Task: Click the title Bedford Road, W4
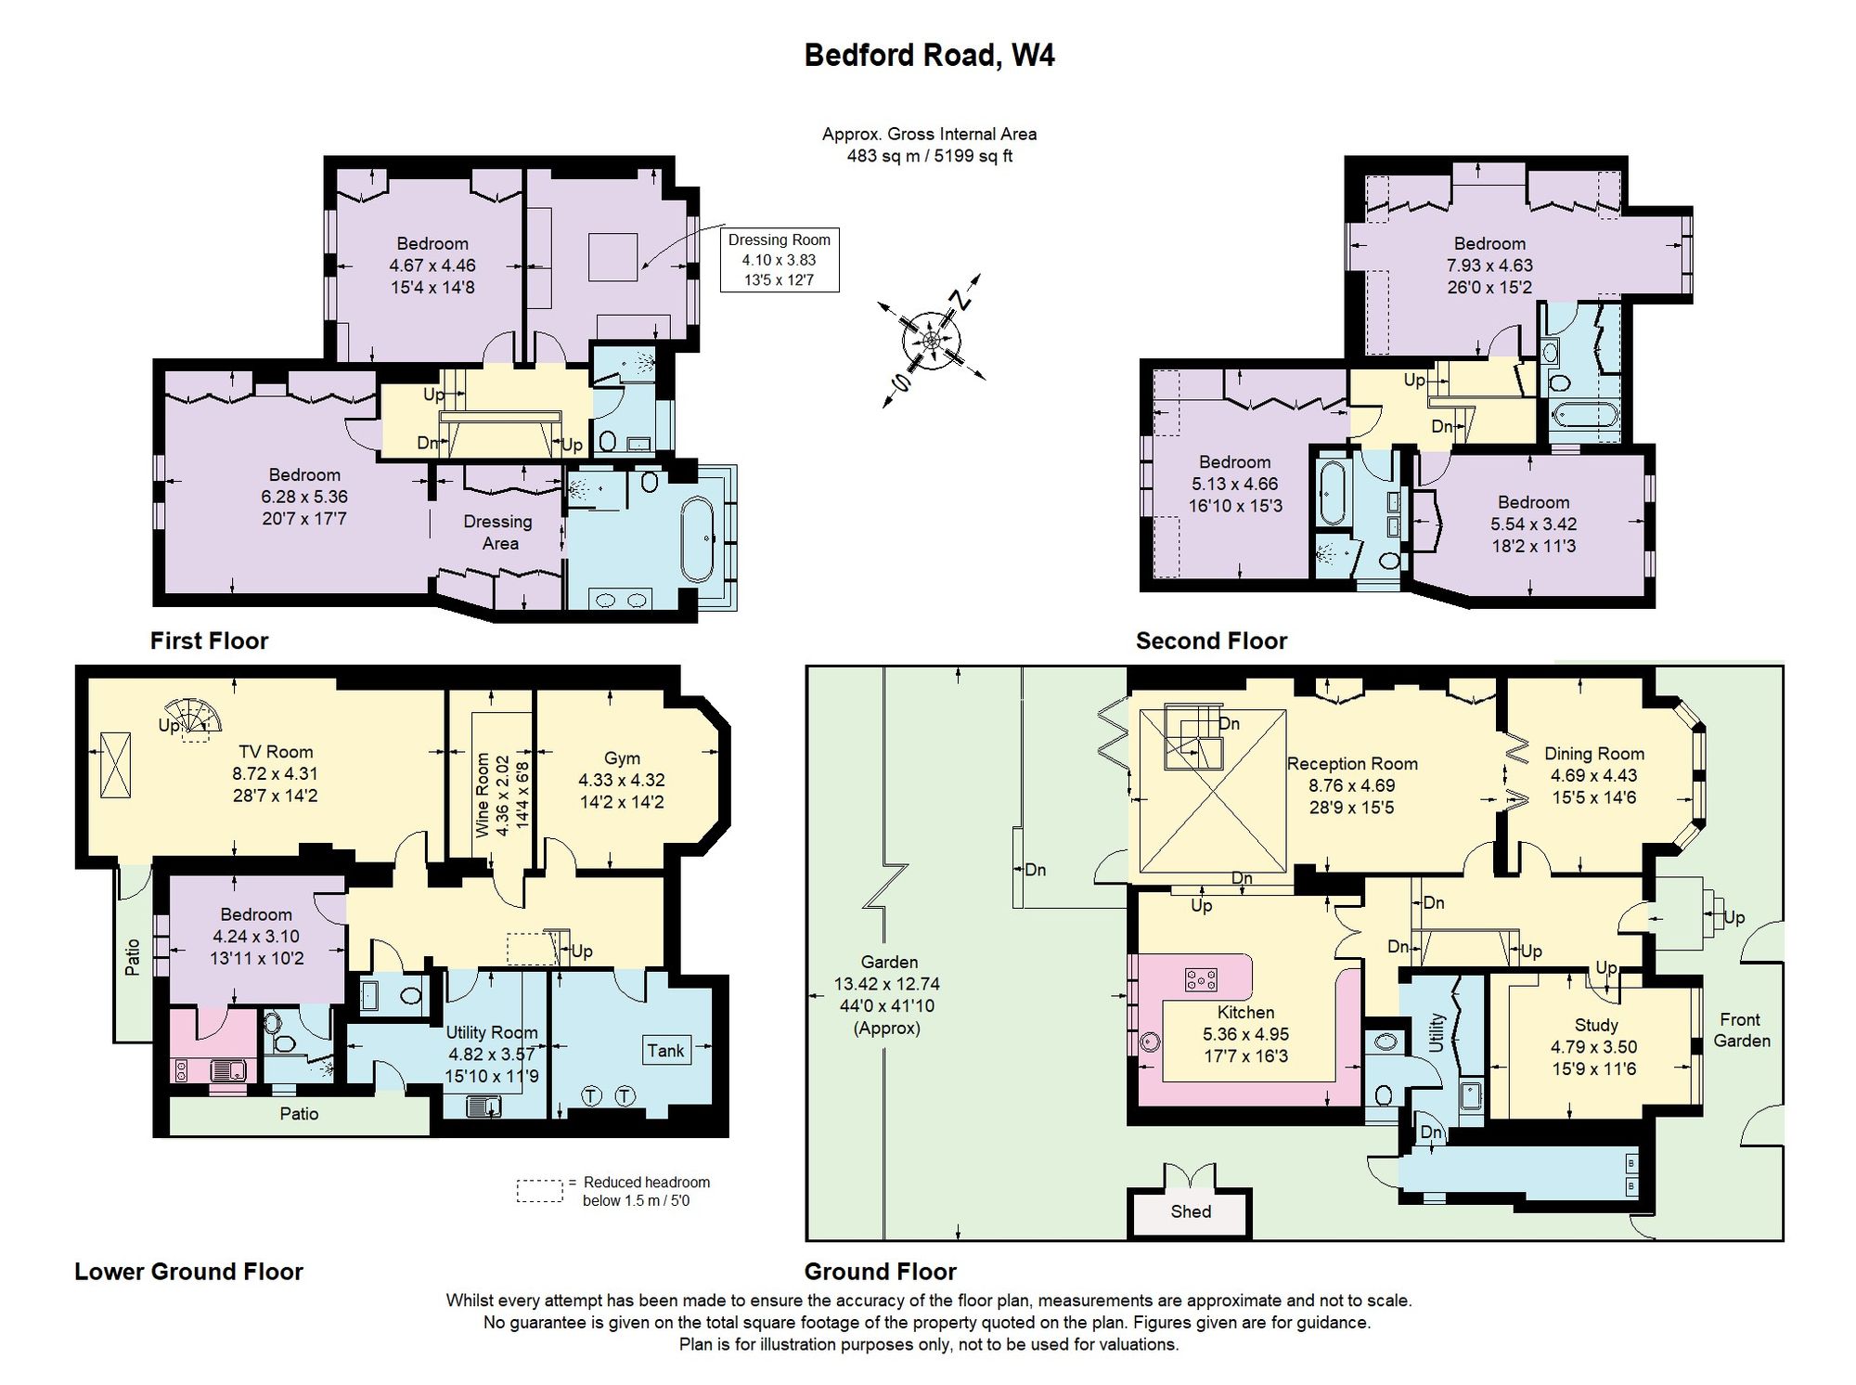[x=929, y=56]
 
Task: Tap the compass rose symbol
[x=931, y=341]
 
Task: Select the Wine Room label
[x=483, y=795]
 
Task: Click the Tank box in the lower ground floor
[x=665, y=1050]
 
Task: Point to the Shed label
[x=1191, y=1211]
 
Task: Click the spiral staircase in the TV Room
[x=193, y=720]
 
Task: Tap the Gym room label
[x=622, y=758]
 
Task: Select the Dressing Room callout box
[x=780, y=260]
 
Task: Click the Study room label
[x=1596, y=1025]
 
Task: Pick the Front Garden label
[x=1741, y=1030]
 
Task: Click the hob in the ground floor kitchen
[x=1201, y=978]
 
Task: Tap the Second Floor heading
[x=1211, y=641]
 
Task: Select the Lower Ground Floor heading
[x=188, y=1272]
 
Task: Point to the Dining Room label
[x=1594, y=754]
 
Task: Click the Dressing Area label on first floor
[x=498, y=533]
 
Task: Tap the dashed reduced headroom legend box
[x=540, y=1191]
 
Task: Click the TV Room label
[x=276, y=752]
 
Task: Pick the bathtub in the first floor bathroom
[x=697, y=540]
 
